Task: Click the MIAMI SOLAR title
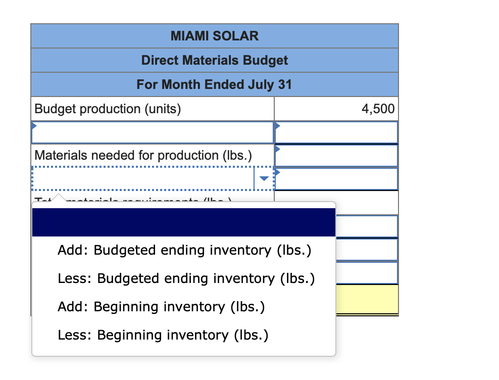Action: (x=214, y=36)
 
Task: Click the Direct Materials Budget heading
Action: (x=214, y=61)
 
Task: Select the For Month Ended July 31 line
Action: (x=214, y=84)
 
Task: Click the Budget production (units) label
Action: (x=107, y=109)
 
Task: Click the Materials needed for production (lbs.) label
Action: (x=143, y=155)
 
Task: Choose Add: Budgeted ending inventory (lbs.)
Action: (x=184, y=250)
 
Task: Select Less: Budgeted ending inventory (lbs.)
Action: (x=186, y=278)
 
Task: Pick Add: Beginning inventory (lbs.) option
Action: (x=161, y=307)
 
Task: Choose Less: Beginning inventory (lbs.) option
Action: (x=163, y=335)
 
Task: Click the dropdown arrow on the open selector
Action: (x=264, y=178)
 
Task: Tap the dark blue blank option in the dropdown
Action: (x=183, y=222)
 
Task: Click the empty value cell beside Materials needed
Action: (x=336, y=155)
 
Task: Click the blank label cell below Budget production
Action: (x=152, y=132)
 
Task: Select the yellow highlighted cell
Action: (x=366, y=299)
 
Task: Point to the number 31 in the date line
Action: (x=285, y=84)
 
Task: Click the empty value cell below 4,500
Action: (x=336, y=132)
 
